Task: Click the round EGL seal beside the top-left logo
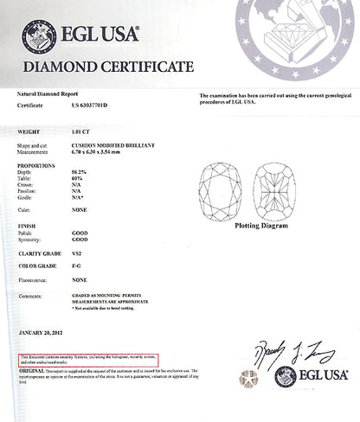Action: pos(39,37)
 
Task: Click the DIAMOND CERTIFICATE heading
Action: pos(107,67)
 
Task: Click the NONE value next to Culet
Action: pos(80,208)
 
